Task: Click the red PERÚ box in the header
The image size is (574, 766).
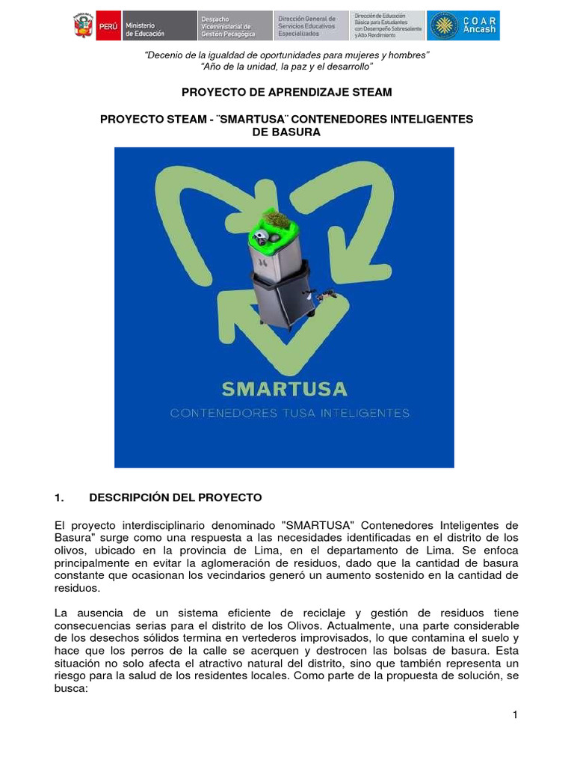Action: (x=108, y=25)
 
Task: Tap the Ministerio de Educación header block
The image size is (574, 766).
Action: (x=146, y=25)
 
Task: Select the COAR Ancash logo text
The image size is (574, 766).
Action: (x=480, y=25)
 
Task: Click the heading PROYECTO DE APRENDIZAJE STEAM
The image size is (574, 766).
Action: (x=287, y=92)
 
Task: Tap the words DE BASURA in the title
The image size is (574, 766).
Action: (x=287, y=132)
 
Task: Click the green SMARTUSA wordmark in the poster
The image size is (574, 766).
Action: (x=284, y=389)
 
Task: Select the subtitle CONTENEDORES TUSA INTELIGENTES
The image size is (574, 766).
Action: (x=290, y=413)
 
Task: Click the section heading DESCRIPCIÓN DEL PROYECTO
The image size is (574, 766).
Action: (x=176, y=497)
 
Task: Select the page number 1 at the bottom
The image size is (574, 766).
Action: (x=515, y=715)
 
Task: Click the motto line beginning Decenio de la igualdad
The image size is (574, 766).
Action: (x=287, y=56)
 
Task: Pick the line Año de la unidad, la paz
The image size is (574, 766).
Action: (x=287, y=67)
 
